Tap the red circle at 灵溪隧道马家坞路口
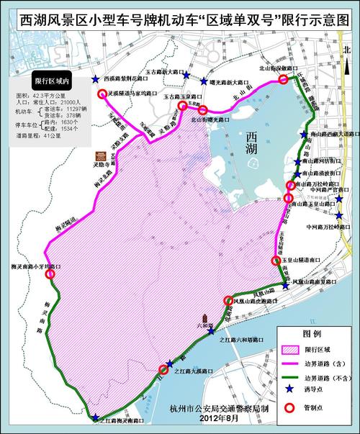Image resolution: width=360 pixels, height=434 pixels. click(102, 94)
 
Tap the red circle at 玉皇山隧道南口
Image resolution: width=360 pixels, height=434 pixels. click(275, 261)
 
